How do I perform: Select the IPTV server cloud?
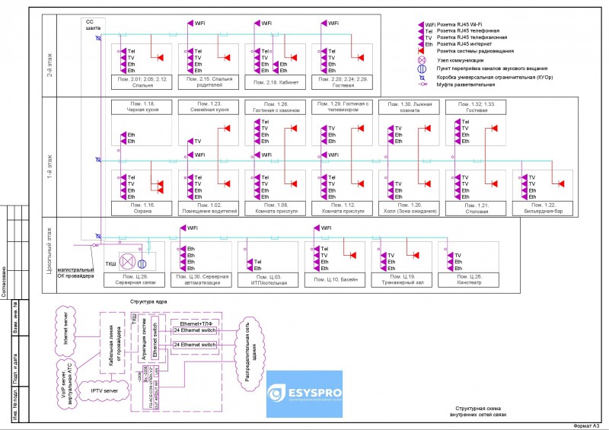pos(104,390)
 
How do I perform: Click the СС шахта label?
pos(91,24)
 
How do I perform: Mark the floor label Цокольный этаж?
pos(49,250)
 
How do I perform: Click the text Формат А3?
pos(587,425)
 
